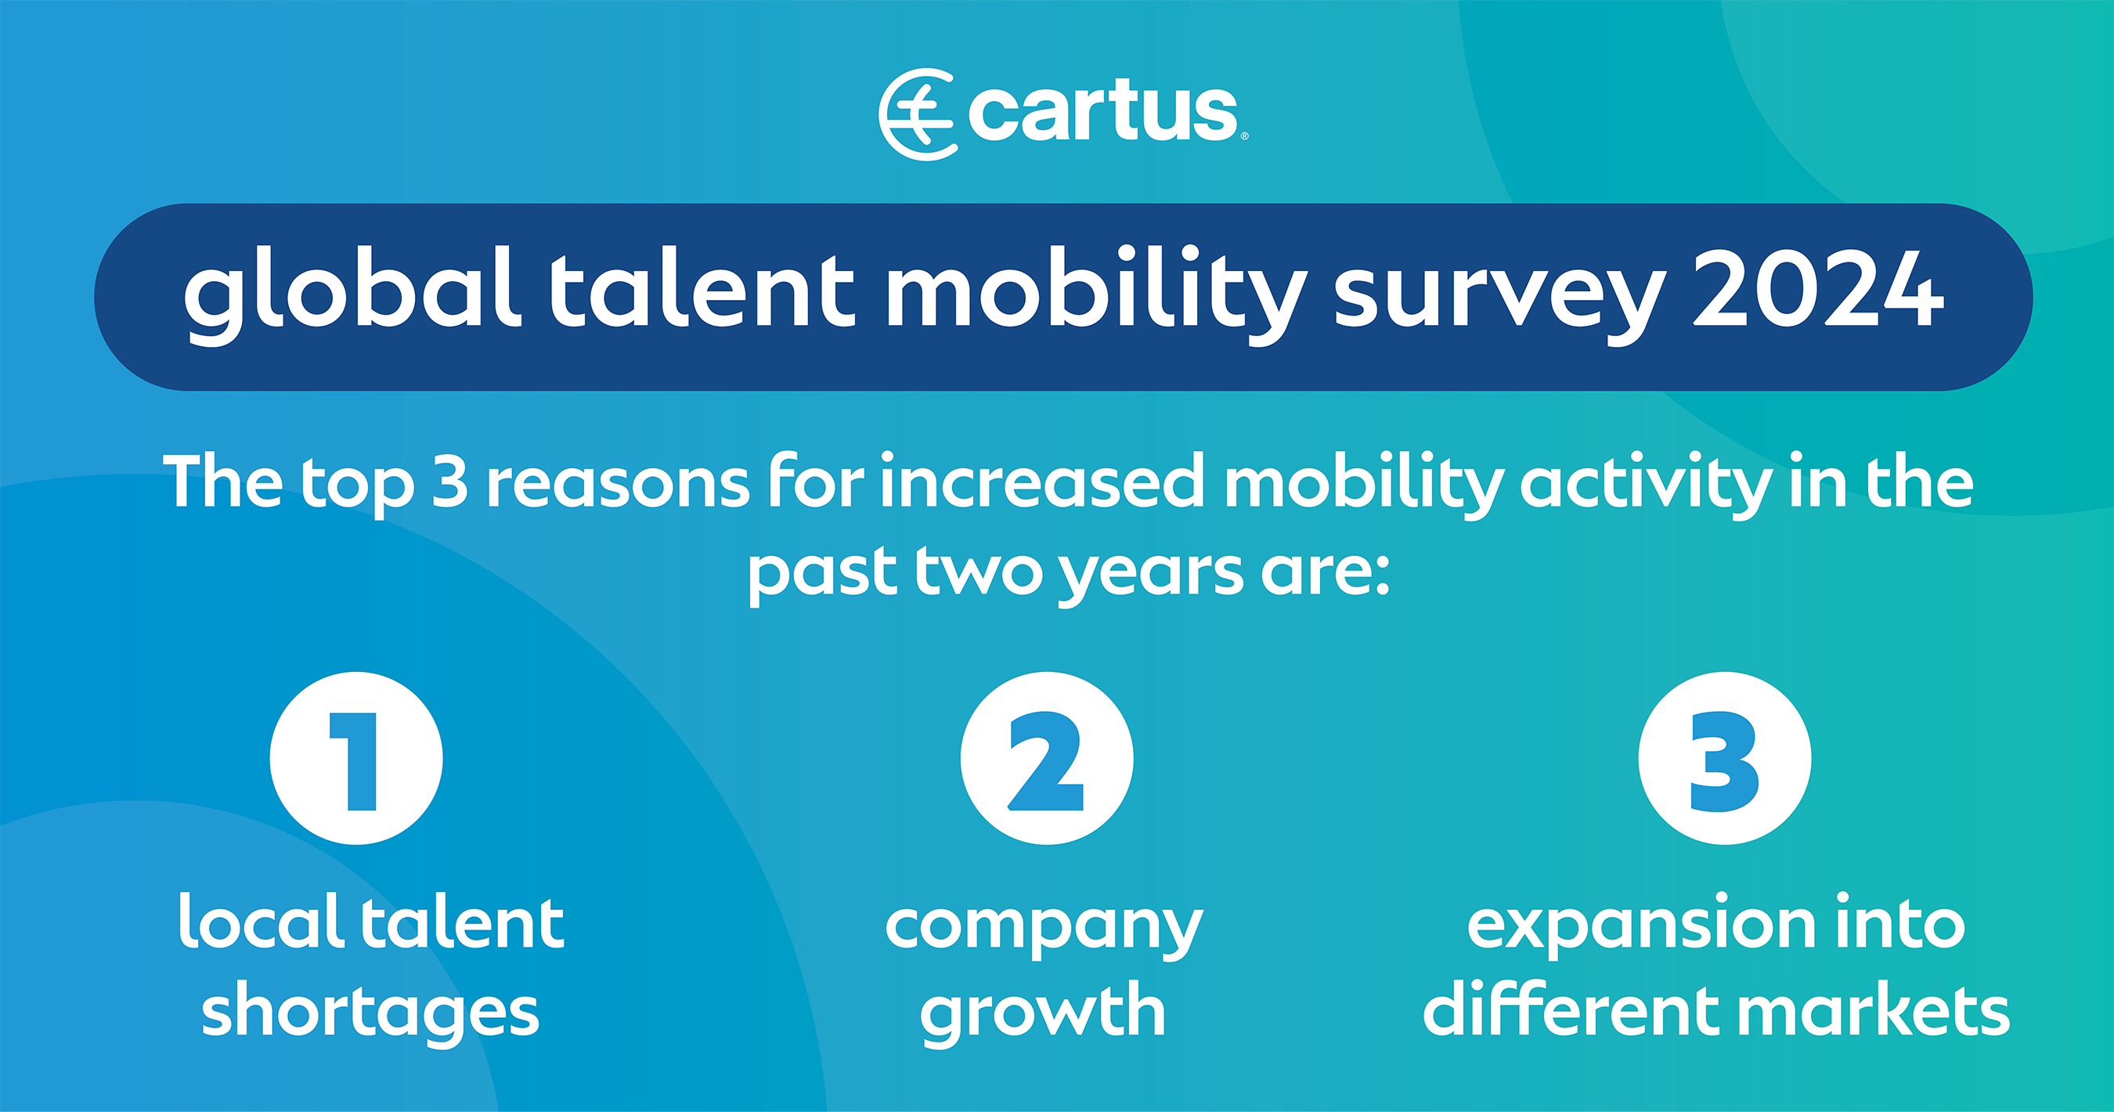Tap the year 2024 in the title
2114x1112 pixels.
(1818, 288)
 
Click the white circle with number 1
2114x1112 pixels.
(356, 758)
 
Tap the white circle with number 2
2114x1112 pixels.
(1046, 758)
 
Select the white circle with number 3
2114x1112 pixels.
(1724, 758)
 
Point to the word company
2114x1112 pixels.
(1044, 927)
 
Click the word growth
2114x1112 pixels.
(1042, 1013)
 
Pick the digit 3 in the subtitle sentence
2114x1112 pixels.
(449, 482)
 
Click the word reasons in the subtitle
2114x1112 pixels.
(618, 487)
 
